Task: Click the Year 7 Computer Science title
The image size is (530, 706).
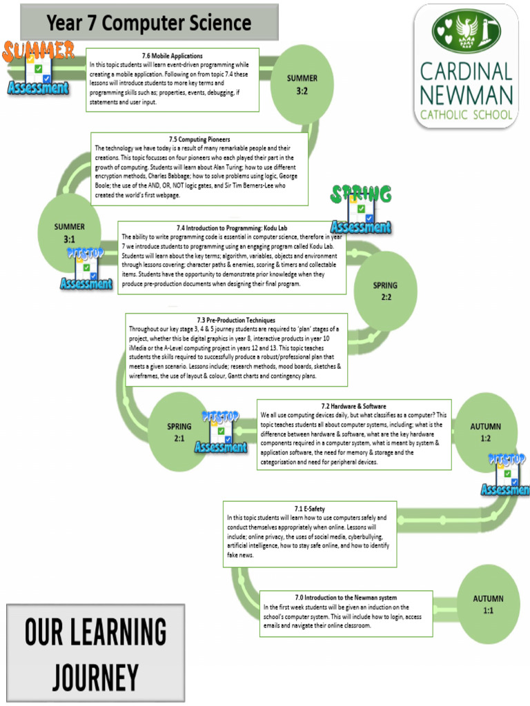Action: [x=149, y=23]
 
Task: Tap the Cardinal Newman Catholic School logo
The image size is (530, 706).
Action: [x=466, y=66]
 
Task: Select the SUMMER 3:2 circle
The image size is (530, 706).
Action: [x=302, y=84]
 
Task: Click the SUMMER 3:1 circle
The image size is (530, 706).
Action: [x=69, y=232]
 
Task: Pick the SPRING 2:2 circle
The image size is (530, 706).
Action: [x=385, y=291]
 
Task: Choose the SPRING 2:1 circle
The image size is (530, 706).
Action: [x=179, y=432]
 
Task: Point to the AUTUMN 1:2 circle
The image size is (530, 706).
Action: [x=485, y=432]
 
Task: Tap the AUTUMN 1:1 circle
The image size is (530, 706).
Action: [x=488, y=604]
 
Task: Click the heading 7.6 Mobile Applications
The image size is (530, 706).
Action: [x=173, y=56]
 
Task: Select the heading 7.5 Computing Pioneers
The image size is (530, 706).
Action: [x=199, y=139]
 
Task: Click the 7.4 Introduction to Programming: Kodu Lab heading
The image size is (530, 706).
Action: [x=232, y=228]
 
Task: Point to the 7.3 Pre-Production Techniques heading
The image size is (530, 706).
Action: [x=235, y=320]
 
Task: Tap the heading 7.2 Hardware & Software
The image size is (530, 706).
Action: [x=353, y=406]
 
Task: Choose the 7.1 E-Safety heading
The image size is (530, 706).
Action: [x=309, y=509]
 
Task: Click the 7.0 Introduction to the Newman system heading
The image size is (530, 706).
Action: [x=346, y=597]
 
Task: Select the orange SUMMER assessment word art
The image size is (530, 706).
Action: [x=39, y=50]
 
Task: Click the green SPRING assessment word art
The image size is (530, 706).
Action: [x=360, y=194]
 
